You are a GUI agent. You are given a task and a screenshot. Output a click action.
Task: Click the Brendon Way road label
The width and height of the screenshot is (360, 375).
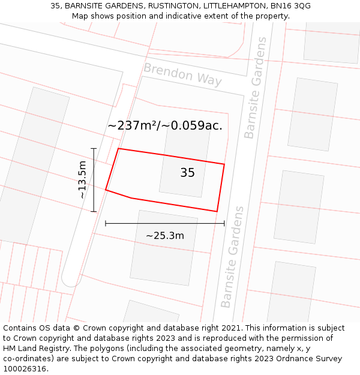(182, 74)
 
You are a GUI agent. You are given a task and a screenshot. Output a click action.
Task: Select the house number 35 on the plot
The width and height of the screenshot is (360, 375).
(187, 173)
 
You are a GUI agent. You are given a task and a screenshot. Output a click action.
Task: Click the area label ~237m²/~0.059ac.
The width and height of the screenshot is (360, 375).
(165, 125)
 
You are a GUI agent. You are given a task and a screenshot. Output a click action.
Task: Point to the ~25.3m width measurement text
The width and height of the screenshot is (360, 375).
(165, 236)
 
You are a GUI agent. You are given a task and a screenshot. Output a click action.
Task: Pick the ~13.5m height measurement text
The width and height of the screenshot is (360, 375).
(82, 180)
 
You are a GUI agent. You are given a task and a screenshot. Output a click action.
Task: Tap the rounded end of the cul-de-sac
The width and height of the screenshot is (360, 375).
(71, 278)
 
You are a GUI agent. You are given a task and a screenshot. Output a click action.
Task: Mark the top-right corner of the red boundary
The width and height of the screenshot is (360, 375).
(224, 164)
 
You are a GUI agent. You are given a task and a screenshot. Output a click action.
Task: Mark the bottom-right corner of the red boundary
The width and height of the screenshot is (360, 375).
(217, 211)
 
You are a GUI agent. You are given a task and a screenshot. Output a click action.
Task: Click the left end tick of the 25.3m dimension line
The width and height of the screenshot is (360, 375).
(106, 223)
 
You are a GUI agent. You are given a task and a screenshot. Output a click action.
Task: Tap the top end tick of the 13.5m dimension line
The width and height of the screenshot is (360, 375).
(94, 148)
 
